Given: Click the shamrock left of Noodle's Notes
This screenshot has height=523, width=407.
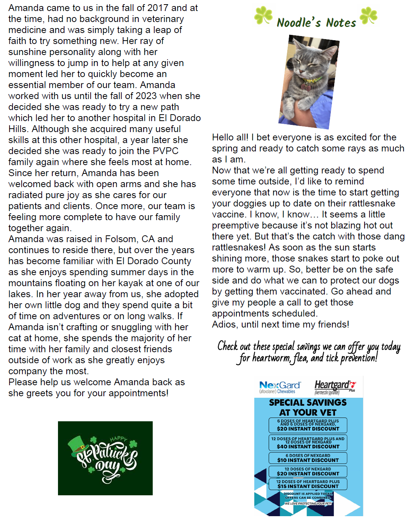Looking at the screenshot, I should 263,16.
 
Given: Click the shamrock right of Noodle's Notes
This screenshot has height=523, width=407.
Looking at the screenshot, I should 368,16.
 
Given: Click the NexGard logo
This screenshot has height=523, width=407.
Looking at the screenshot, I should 280,387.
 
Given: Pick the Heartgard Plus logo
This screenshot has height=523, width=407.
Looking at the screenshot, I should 335,386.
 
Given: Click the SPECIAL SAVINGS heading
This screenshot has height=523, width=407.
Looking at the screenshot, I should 308,403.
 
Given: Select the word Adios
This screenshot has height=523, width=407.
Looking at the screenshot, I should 224,325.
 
